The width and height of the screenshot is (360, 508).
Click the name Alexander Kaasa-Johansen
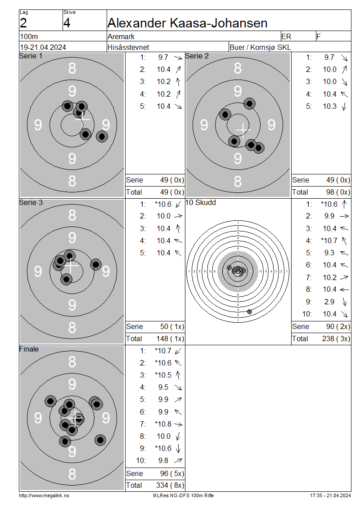188,23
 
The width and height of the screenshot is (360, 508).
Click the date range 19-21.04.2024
43,47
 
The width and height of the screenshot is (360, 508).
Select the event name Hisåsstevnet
128,47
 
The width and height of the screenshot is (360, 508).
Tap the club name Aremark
121,36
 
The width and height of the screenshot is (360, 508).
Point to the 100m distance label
29,36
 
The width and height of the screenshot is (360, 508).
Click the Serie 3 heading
31,202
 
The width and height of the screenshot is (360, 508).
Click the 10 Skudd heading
200,202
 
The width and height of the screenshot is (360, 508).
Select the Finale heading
29,349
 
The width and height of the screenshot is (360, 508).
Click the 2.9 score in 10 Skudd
329,302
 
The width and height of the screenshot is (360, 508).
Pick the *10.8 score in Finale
163,424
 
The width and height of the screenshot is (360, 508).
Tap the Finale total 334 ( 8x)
170,486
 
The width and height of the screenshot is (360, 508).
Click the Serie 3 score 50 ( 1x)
172,326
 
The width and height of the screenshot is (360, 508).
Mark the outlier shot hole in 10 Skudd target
249,312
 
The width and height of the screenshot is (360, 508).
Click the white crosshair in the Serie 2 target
243,129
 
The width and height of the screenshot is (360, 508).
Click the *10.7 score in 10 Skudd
329,241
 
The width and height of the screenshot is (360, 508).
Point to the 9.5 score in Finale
163,388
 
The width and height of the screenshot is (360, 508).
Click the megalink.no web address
44,496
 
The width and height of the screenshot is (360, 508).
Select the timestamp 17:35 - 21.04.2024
330,496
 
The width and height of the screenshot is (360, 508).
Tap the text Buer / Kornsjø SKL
260,47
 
